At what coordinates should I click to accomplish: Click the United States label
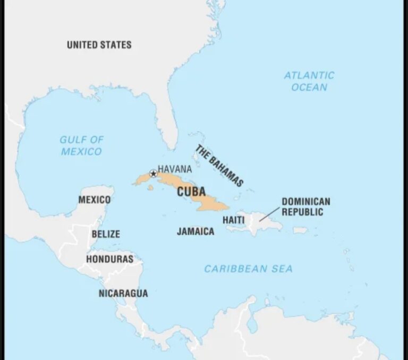[x=99, y=45]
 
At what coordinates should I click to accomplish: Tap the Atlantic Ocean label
[x=309, y=81]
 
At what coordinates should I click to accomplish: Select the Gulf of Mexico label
[x=81, y=145]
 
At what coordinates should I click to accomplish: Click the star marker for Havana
[x=154, y=173]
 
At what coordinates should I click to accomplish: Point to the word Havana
[x=175, y=169]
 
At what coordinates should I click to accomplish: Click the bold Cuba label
[x=191, y=192]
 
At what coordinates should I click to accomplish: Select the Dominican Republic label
[x=305, y=207]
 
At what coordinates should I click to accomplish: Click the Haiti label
[x=234, y=219]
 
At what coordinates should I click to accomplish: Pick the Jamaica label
[x=195, y=232]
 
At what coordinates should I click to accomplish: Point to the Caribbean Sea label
[x=248, y=269]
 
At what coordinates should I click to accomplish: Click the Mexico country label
[x=95, y=200]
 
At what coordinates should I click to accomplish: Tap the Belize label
[x=106, y=234]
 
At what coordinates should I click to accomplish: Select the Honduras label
[x=109, y=259]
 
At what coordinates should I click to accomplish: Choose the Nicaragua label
[x=123, y=293]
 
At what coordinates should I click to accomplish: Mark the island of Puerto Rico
[x=300, y=230]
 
